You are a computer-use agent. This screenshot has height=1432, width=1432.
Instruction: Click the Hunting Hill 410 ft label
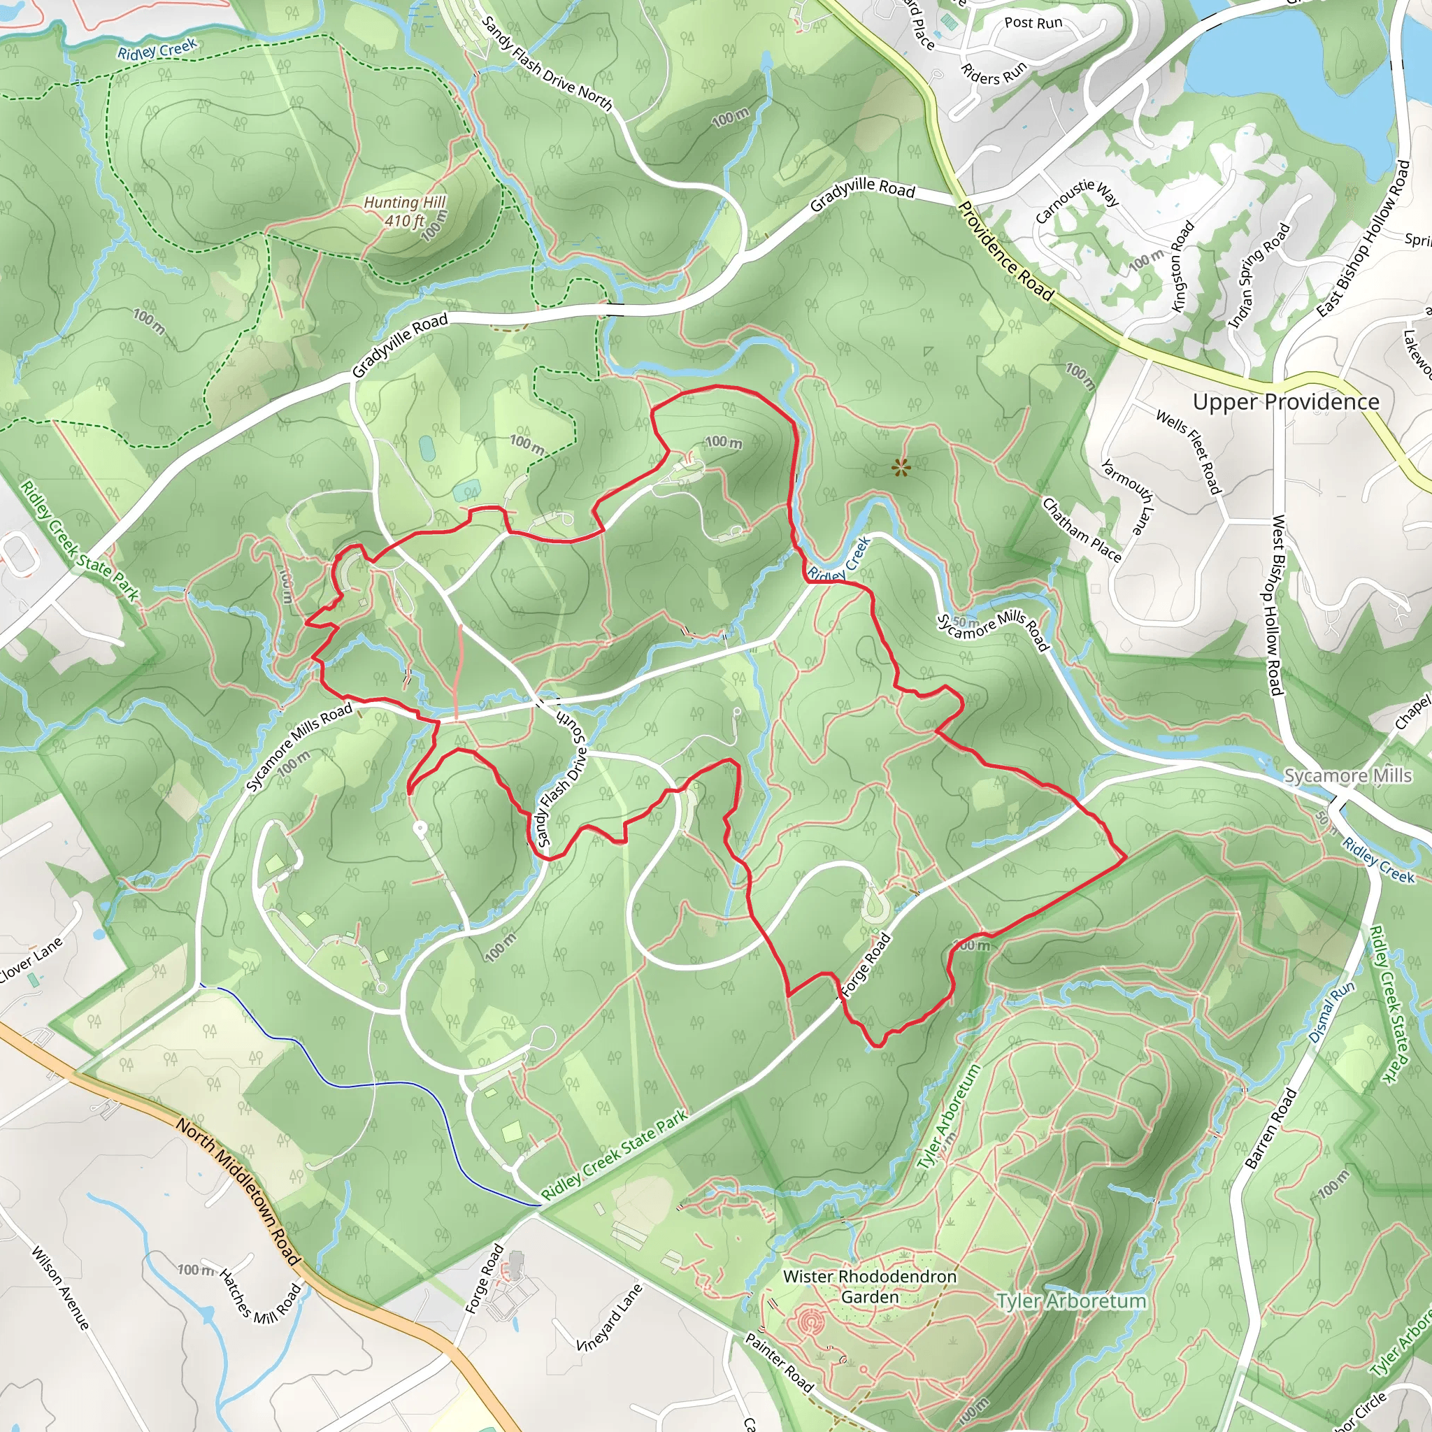point(405,211)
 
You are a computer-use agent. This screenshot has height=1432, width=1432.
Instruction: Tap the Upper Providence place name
point(1285,402)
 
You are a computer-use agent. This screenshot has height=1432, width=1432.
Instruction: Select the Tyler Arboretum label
point(1071,1301)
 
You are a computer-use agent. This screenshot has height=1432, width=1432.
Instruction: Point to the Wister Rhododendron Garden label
point(869,1287)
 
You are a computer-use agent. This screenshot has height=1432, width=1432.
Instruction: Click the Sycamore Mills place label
point(1347,775)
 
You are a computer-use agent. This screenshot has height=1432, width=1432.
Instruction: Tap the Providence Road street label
point(1005,250)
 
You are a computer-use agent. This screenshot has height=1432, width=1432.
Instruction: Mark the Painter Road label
point(779,1362)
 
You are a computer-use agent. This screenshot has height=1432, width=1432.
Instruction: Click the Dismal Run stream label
point(1331,1012)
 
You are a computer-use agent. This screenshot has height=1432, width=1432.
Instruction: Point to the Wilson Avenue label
point(60,1287)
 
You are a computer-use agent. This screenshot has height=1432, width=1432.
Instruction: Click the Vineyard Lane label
point(609,1318)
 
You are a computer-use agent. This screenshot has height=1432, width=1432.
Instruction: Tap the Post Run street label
point(1033,23)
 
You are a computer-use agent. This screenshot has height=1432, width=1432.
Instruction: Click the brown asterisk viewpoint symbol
point(900,467)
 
